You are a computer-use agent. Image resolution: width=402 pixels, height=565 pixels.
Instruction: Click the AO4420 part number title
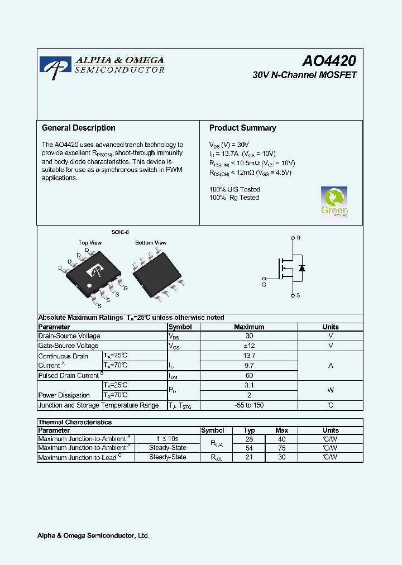[x=329, y=61]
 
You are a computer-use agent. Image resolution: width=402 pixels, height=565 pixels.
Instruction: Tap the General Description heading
[x=79, y=128]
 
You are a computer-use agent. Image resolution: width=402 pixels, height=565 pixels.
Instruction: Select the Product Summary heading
[x=242, y=128]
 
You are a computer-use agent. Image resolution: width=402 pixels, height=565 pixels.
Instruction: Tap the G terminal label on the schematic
[x=264, y=284]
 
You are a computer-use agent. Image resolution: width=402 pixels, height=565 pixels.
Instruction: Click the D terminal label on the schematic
[x=298, y=238]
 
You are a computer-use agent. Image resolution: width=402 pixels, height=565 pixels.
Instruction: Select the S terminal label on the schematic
[x=298, y=295]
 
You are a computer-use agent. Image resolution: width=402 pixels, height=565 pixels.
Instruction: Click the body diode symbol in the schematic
[x=302, y=268]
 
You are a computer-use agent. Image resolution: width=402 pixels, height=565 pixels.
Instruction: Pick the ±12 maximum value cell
[x=249, y=346]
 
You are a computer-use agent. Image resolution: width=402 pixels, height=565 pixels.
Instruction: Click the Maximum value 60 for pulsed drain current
[x=249, y=376]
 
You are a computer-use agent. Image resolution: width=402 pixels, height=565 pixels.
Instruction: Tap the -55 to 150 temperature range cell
[x=249, y=405]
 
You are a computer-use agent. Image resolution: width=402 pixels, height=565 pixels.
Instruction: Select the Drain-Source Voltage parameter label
[x=69, y=336]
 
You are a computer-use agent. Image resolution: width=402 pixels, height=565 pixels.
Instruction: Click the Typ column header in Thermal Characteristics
[x=250, y=430]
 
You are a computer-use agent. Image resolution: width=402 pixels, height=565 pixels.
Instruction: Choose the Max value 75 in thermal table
[x=281, y=448]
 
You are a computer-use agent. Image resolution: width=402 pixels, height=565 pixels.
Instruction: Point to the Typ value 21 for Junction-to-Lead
[x=250, y=457]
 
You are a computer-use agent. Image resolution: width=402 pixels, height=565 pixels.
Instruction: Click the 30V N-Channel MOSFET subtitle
[x=304, y=75]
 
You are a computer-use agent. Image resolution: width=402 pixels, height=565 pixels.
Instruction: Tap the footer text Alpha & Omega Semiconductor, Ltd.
[x=93, y=536]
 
